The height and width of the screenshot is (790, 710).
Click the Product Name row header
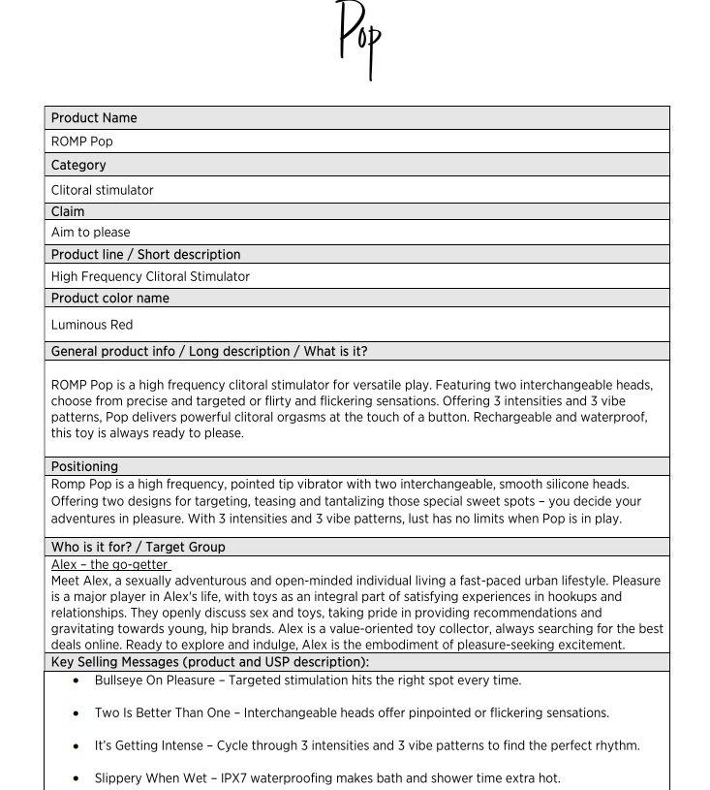pyautogui.click(x=94, y=118)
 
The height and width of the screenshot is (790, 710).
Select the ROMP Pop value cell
pyautogui.click(x=82, y=142)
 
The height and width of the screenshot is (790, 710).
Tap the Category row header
pyautogui.click(x=78, y=166)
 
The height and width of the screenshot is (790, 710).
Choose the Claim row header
pyautogui.click(x=68, y=211)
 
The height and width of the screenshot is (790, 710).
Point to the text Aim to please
pyautogui.click(x=90, y=233)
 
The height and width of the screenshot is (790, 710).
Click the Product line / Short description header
pyautogui.click(x=145, y=255)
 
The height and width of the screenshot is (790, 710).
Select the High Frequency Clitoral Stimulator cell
pyautogui.click(x=150, y=277)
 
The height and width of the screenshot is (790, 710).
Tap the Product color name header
pyautogui.click(x=109, y=299)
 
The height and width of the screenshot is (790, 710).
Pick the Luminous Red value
pyautogui.click(x=92, y=325)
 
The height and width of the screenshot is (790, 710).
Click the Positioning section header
pyautogui.click(x=84, y=466)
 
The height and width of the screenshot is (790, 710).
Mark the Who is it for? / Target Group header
pyautogui.click(x=138, y=548)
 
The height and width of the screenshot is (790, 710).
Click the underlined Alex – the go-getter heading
pyautogui.click(x=109, y=565)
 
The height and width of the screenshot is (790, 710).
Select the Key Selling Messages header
pyautogui.click(x=210, y=663)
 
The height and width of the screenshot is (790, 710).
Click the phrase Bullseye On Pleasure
pyautogui.click(x=155, y=680)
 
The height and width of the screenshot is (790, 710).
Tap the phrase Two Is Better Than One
pyautogui.click(x=164, y=713)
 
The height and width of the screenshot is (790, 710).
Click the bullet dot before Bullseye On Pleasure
pyautogui.click(x=77, y=680)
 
